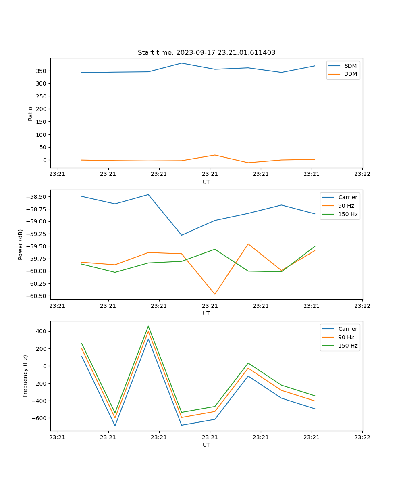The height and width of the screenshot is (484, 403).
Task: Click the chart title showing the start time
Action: pos(206,53)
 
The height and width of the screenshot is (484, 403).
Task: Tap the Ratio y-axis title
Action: pos(31,113)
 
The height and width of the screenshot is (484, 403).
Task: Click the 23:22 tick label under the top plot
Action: pos(362,174)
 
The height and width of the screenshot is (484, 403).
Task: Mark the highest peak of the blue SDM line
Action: pos(181,63)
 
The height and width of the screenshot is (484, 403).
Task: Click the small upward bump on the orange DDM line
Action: pos(215,155)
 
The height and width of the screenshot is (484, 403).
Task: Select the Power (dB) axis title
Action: pos(21,244)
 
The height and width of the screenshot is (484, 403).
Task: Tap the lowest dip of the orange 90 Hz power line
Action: pos(215,294)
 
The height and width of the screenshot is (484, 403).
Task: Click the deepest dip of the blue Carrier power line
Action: pos(181,235)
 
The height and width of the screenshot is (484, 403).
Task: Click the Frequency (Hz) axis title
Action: pos(25,376)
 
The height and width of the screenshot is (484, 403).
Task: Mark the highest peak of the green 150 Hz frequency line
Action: pos(148,326)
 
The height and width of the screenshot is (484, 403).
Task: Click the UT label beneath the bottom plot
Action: pos(206,445)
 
